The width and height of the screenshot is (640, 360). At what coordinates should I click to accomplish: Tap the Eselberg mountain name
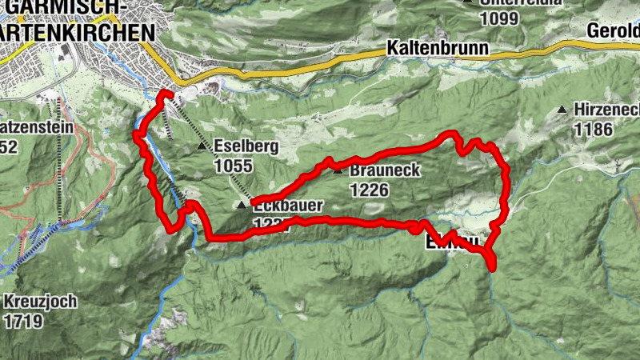[x=245, y=147]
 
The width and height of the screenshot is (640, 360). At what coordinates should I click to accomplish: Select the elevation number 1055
[x=233, y=166]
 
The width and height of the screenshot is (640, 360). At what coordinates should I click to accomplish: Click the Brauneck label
[x=385, y=171]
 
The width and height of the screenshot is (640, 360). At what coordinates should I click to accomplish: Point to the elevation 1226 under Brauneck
[x=369, y=190]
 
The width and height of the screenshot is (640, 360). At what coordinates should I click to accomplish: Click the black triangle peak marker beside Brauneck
[x=338, y=170]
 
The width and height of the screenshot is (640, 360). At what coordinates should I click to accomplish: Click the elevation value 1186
[x=592, y=129]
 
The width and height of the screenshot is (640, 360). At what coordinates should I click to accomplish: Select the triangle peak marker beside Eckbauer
[x=242, y=206]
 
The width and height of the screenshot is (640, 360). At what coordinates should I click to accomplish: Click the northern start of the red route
[x=166, y=94]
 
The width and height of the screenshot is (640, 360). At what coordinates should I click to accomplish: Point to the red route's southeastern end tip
[x=491, y=267]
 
